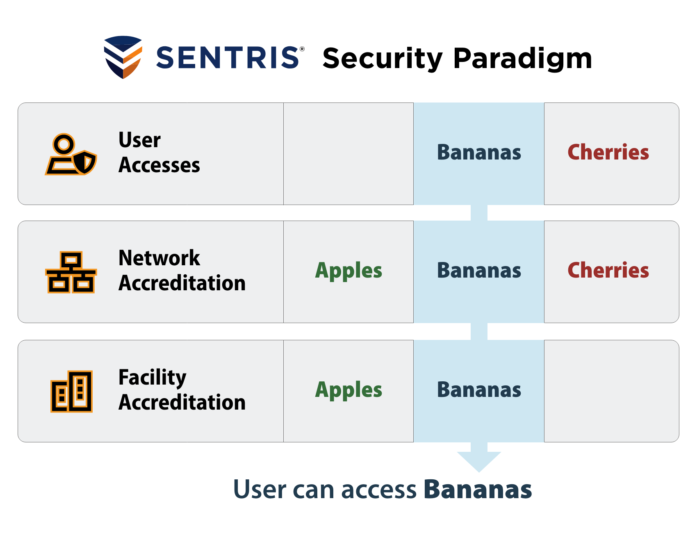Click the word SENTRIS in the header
click(x=228, y=57)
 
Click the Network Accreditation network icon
click(x=71, y=272)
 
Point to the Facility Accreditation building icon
click(x=71, y=391)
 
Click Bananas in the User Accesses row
click(x=479, y=153)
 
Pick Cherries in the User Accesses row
click(x=608, y=153)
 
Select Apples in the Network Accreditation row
click(x=348, y=271)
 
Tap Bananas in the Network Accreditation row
click(x=479, y=271)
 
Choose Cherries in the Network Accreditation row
click(x=608, y=271)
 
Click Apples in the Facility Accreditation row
click(x=348, y=390)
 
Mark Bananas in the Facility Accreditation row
click(x=479, y=390)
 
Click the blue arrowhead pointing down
click(x=479, y=460)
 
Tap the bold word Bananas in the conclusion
click(x=478, y=490)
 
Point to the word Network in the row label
click(x=159, y=258)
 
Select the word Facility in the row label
click(x=152, y=378)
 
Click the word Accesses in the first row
click(x=159, y=165)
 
